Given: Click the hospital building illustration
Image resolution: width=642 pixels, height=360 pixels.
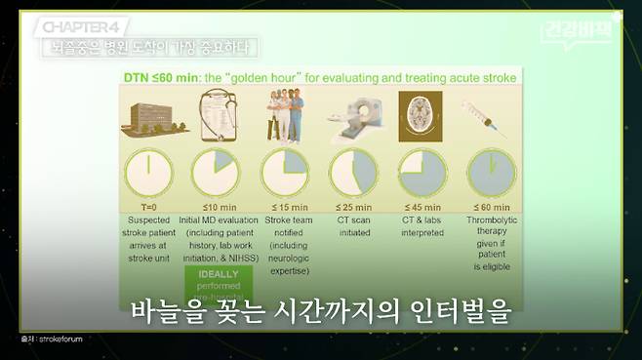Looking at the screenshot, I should [x=154, y=118].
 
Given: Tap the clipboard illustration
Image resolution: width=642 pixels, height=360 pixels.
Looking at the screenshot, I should [x=215, y=116].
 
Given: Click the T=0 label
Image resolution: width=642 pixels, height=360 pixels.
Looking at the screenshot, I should [x=148, y=207].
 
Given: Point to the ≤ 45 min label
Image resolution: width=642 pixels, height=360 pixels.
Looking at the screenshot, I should [x=421, y=207].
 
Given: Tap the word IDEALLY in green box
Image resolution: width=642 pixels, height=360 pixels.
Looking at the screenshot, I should [x=219, y=275].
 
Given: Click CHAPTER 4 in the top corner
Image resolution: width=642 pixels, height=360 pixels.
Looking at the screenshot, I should [x=81, y=25].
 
